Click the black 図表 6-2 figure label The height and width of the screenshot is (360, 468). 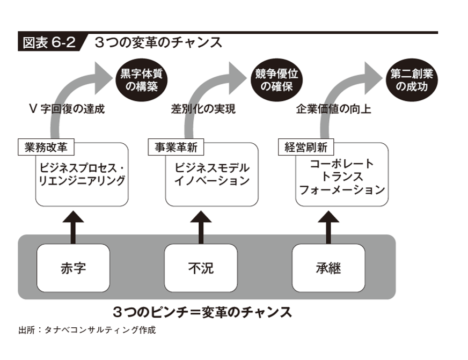tap(50, 42)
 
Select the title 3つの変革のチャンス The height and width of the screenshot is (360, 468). tap(158, 42)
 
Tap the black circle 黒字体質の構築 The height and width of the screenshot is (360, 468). tap(142, 80)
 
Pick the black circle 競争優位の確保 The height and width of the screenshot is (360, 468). tap(277, 80)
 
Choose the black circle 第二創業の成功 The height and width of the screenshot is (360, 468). tap(412, 80)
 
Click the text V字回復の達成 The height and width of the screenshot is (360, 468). tap(67, 109)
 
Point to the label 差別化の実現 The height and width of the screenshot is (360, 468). tap(203, 109)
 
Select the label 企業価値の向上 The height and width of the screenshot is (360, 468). tap(333, 109)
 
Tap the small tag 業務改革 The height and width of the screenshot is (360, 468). tap(46, 147)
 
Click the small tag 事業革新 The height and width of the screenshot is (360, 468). tap(176, 147)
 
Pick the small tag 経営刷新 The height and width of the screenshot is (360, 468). tap(306, 147)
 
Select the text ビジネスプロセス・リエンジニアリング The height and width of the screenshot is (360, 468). tap(82, 174)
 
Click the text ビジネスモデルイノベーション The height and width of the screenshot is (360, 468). tap(212, 174)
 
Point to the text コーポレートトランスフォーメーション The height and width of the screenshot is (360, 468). tap(342, 177)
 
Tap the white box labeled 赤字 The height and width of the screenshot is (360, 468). tap(73, 268)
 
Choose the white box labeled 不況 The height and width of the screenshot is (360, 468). tap(201, 268)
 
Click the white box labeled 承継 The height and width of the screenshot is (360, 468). tap(328, 268)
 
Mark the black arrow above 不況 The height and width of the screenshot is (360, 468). tap(201, 227)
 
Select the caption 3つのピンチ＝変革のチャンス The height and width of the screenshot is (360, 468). tap(202, 312)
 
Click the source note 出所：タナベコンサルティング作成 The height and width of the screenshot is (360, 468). tap(87, 330)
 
